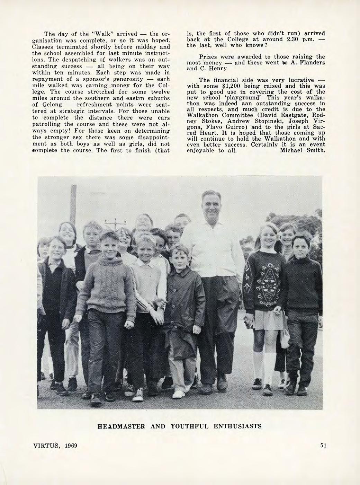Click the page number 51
tap(323, 445)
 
